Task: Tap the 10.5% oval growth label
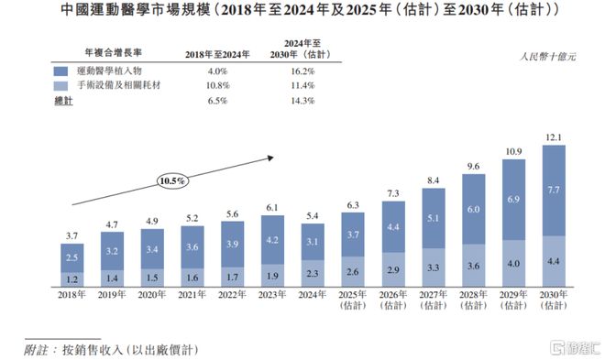pyautogui.click(x=173, y=181)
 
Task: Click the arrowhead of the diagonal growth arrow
pyautogui.click(x=271, y=158)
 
